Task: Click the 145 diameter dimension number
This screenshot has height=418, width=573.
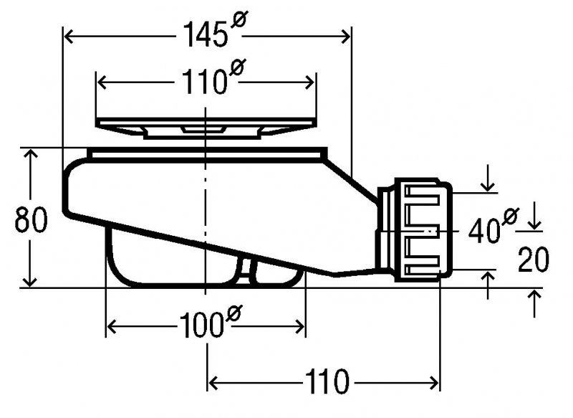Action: click(206, 34)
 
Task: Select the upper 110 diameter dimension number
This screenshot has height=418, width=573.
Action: click(203, 82)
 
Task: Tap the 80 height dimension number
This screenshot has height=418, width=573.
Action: click(31, 219)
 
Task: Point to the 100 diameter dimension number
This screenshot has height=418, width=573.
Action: click(201, 326)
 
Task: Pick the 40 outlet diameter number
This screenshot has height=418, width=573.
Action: click(484, 231)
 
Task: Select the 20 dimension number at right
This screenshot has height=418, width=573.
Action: click(534, 260)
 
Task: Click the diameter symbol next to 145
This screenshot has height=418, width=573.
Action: click(239, 19)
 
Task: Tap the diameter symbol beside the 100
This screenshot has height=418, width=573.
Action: click(234, 313)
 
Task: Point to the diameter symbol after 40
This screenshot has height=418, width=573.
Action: click(510, 217)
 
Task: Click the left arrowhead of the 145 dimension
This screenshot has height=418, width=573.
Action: click(69, 37)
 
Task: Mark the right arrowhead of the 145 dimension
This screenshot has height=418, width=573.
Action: click(345, 37)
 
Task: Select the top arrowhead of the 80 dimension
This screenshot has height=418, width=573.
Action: click(30, 153)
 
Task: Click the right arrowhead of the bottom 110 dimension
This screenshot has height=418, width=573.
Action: click(434, 383)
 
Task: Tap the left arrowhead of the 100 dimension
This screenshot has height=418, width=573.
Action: click(111, 326)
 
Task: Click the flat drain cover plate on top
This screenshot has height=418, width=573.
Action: click(206, 128)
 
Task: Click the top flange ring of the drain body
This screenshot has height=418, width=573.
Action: click(207, 153)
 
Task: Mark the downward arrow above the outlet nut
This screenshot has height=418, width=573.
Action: click(488, 179)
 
